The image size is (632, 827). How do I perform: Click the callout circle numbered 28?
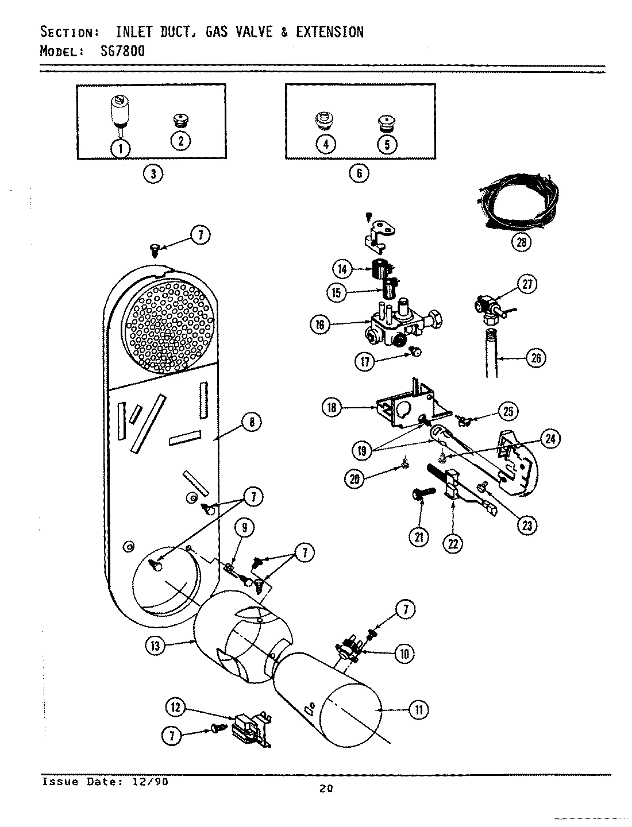pos(521,242)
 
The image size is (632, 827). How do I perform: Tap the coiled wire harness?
pos(517,207)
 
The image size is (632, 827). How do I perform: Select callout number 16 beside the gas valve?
pos(320,325)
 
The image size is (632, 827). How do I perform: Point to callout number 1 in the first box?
pos(121,148)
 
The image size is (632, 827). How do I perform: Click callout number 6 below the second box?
pos(359,173)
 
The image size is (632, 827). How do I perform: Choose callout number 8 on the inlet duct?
pos(251,422)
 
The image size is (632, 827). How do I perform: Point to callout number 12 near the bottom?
pos(176,708)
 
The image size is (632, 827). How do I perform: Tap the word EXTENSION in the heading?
pos(329,32)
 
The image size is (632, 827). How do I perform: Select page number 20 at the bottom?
pos(326,789)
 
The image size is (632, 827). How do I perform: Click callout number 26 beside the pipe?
pos(535,358)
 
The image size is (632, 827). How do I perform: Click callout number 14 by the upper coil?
pos(342,268)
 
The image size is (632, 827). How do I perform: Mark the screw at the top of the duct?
pos(155,249)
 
